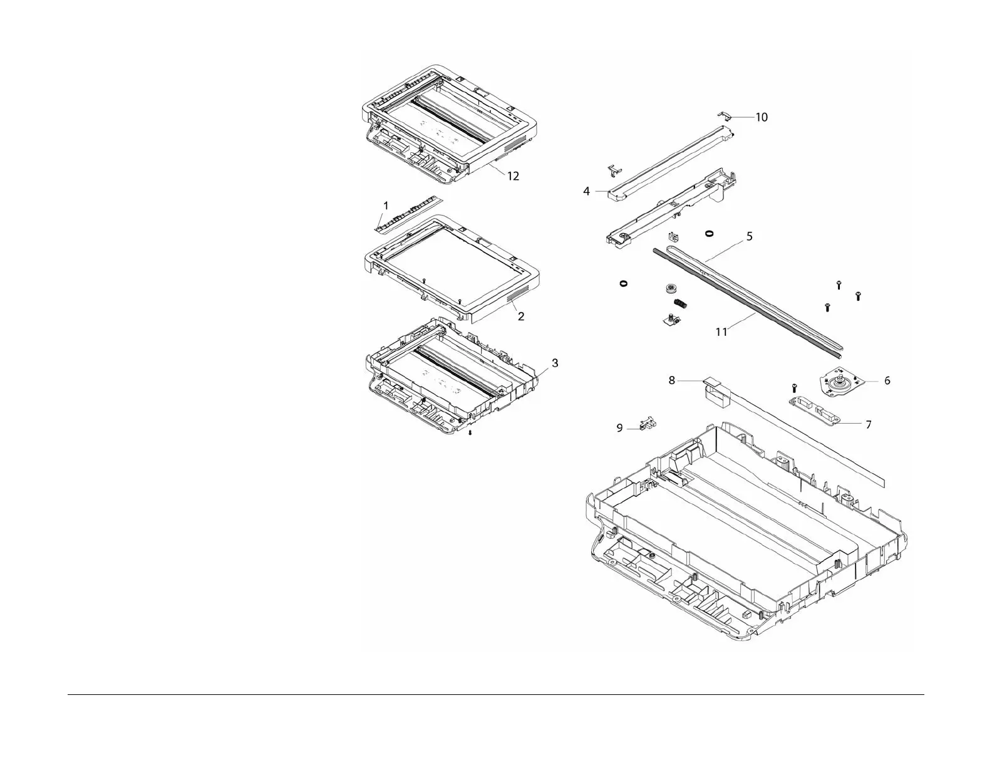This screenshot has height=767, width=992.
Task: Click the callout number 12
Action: click(513, 176)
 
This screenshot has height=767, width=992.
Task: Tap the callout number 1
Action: click(386, 206)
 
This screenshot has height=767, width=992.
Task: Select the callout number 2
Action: click(521, 316)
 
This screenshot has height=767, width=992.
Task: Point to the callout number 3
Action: click(554, 363)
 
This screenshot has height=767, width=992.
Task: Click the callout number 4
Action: click(587, 191)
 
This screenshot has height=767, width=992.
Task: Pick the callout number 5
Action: click(750, 236)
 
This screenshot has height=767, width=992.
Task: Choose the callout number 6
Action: click(887, 380)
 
